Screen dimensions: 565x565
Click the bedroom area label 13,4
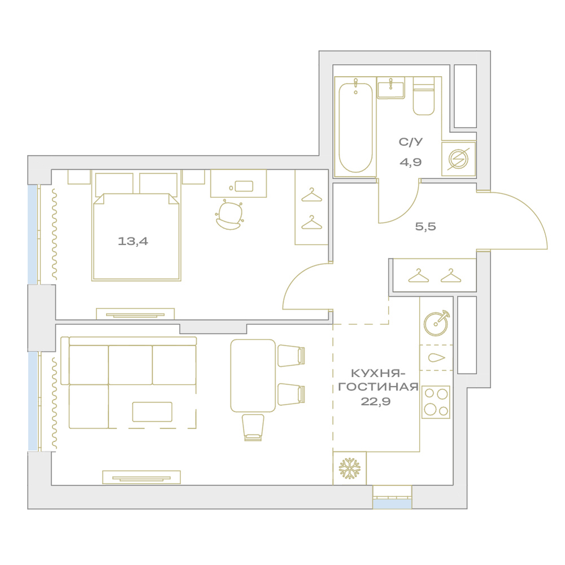click(133, 241)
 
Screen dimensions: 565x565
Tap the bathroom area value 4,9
click(410, 162)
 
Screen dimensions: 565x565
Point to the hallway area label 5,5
click(425, 227)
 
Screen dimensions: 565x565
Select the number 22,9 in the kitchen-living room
click(376, 401)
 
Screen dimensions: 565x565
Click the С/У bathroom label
click(410, 142)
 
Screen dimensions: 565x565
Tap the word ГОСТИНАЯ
click(379, 387)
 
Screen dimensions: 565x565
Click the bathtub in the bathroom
click(355, 128)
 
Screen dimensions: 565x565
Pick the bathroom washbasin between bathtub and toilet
click(391, 88)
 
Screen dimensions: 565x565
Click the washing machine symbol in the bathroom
click(458, 159)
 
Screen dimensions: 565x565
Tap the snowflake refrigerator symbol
click(350, 468)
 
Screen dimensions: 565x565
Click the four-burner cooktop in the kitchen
click(436, 402)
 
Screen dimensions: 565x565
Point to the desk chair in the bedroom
click(229, 215)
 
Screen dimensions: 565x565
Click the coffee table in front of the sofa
click(153, 412)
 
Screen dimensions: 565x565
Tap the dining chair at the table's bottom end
click(253, 427)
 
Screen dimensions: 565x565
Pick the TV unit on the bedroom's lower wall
click(135, 314)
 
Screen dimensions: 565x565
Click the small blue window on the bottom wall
click(392, 503)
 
